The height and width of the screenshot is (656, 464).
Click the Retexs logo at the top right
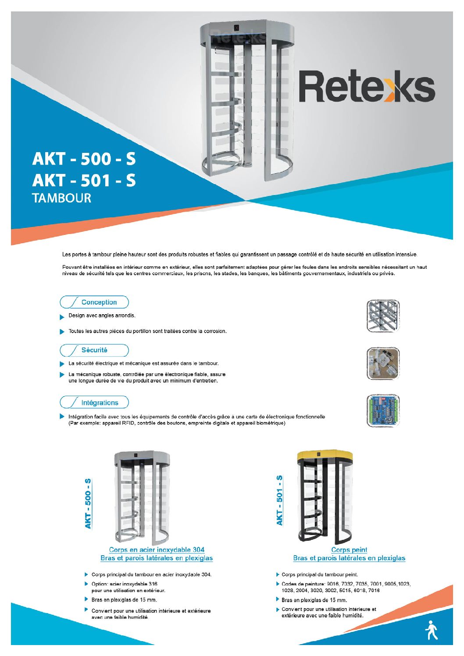pos(367,87)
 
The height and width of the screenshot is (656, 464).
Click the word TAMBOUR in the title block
pos(62,198)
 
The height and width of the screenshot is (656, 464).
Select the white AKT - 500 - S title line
pos(84,159)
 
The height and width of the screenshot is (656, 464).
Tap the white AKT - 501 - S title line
pos(84,180)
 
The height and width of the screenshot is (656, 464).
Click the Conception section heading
pos(99,302)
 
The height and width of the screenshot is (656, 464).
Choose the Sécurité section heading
pos(94,350)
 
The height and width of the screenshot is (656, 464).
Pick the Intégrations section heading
pos(100,403)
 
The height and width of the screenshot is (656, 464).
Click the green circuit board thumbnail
pos(383,411)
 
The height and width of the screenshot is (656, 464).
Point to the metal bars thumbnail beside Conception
pos(383,316)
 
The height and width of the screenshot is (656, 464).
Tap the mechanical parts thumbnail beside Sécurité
pos(383,364)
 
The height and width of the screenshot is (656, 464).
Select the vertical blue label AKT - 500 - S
pos(88,504)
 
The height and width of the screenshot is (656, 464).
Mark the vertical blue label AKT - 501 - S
pos(279,500)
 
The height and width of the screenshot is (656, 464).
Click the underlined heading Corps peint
pos(349,550)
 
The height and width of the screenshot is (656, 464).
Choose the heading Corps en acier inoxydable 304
pos(157,550)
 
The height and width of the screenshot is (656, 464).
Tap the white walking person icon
pos(432,630)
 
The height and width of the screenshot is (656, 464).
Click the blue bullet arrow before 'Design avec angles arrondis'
pos(62,316)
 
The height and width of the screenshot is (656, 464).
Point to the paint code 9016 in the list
pos(333,584)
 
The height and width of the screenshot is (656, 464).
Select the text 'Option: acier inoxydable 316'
pos(124,584)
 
